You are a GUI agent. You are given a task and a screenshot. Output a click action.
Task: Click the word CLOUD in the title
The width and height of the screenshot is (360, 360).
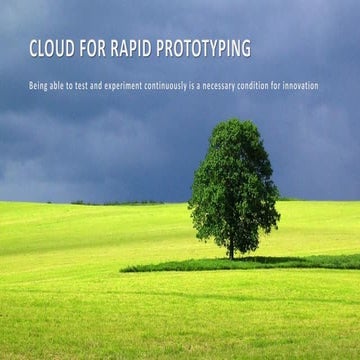(x=50, y=48)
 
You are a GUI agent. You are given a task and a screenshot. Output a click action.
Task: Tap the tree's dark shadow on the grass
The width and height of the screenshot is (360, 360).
(x=190, y=266)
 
